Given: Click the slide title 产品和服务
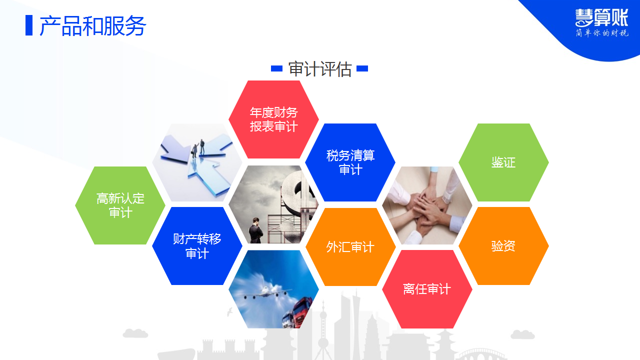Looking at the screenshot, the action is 93,25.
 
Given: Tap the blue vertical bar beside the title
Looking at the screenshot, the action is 29,25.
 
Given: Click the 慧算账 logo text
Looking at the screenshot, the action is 601,17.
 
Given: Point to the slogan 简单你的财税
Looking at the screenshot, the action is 601,33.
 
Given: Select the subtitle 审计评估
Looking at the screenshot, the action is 319,69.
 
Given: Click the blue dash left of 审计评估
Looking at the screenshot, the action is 276,68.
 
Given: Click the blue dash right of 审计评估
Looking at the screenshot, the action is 362,68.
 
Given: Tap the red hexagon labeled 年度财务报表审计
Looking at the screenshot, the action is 273,119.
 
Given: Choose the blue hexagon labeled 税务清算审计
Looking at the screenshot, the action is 350,162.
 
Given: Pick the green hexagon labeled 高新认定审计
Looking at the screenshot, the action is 120,205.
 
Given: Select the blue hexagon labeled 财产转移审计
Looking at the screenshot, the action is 197,246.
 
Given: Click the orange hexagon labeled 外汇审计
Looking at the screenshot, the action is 350,247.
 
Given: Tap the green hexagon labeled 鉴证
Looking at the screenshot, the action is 503,162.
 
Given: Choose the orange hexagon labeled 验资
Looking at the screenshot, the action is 503,246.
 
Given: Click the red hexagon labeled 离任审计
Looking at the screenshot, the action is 427,289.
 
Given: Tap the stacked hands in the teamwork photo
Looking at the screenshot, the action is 427,207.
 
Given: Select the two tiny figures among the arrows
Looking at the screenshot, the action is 198,148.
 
